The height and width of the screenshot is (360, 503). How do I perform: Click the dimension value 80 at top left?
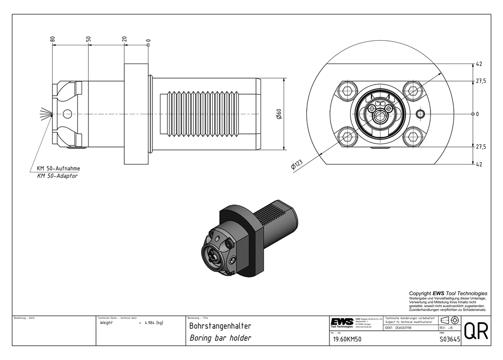[x=52, y=38]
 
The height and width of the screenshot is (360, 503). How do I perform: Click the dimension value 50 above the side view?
[x=89, y=38]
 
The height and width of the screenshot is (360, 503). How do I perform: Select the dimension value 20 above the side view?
[x=124, y=39]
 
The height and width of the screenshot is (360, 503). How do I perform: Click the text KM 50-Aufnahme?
[x=58, y=168]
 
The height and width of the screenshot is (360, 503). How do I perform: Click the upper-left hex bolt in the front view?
[x=347, y=91]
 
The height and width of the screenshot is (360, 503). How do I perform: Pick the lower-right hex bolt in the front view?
[x=413, y=136]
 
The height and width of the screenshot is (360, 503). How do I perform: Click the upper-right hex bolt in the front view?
[x=413, y=91]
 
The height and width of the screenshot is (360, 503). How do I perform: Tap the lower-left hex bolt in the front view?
[x=347, y=136]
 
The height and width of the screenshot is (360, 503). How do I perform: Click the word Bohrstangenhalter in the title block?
[x=220, y=326]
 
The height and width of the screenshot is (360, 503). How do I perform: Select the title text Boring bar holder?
[x=220, y=338]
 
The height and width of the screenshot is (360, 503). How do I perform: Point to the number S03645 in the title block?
[x=449, y=340]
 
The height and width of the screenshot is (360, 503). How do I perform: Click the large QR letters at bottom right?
[x=475, y=331]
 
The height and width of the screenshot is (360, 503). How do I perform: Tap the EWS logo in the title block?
[x=342, y=322]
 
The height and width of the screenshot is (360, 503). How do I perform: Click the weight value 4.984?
[x=149, y=323]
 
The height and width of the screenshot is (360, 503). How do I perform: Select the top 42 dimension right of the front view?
[x=479, y=64]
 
